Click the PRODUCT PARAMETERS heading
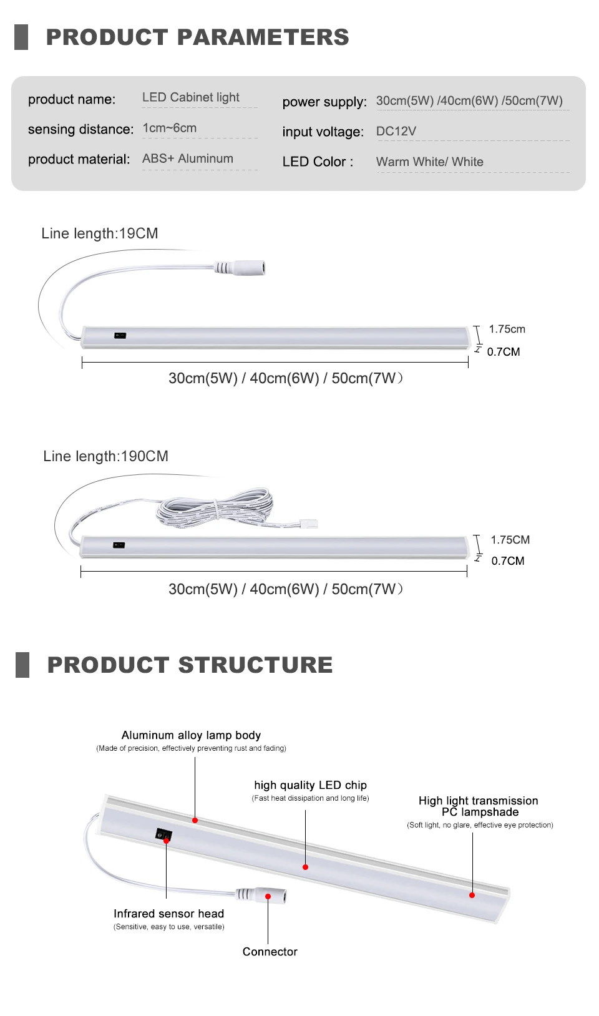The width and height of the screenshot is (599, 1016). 197,37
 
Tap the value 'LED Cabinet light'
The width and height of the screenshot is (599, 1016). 190,97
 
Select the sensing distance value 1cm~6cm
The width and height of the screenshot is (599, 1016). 169,128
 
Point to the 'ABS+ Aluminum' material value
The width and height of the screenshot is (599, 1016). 187,159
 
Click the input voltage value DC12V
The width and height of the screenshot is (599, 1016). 396,131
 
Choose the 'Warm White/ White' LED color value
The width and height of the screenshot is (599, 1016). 429,162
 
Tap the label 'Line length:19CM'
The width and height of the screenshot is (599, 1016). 100,233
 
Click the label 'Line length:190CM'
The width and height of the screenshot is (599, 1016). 105,456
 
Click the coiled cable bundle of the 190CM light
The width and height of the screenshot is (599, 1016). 215,506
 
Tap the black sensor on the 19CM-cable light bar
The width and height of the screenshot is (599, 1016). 120,336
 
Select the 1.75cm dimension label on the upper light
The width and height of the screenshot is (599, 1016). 507,329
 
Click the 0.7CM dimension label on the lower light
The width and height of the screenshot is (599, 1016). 507,560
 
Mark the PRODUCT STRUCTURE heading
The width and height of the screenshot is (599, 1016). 190,665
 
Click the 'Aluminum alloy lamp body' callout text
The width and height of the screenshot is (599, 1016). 191,735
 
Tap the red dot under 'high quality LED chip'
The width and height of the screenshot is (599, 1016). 305,867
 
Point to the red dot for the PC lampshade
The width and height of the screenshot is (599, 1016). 472,895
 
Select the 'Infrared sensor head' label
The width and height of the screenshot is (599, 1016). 168,914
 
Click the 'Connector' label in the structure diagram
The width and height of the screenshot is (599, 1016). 270,952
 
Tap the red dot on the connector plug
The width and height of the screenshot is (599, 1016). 268,896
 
